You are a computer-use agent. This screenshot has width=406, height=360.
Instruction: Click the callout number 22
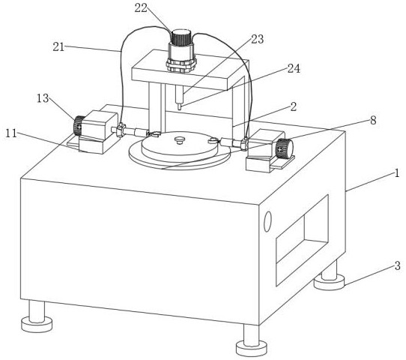[141, 8]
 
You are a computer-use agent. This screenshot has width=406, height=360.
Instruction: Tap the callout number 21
[58, 47]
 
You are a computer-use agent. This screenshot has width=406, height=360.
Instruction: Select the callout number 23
[257, 39]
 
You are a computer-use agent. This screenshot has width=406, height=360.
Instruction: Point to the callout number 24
[294, 69]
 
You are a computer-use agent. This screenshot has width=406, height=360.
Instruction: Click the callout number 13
[43, 98]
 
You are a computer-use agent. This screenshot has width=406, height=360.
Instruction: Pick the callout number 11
[11, 133]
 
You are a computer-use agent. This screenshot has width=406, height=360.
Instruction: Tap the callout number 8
[373, 120]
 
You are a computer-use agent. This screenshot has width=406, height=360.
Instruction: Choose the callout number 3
[398, 266]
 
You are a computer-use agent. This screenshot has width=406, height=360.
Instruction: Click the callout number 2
[294, 106]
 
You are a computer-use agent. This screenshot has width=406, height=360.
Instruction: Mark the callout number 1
[397, 173]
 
